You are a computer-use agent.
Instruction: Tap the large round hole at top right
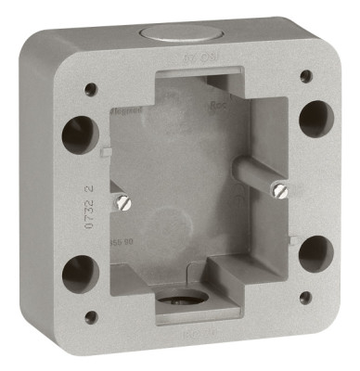(x=312, y=116)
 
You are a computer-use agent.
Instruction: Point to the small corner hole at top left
(x=91, y=89)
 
